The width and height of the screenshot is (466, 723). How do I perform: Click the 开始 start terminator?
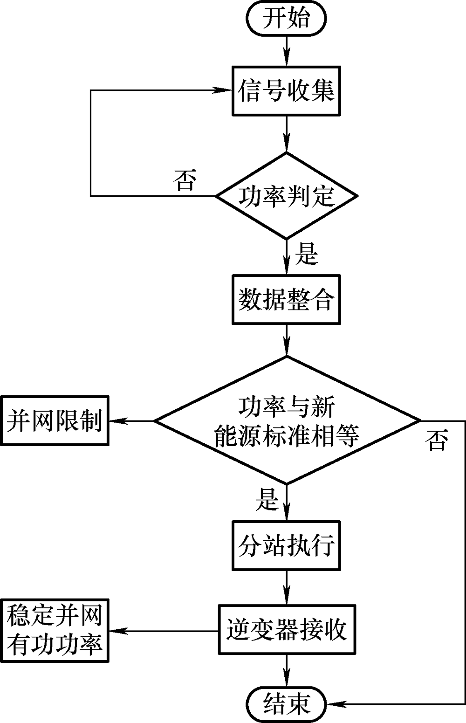286,19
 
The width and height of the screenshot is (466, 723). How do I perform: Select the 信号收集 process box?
286,90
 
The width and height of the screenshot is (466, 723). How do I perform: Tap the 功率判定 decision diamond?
286,196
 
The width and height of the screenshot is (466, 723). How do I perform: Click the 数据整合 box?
286,299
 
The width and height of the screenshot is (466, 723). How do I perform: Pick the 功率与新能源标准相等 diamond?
286,420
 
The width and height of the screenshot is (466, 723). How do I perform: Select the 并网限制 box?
55,420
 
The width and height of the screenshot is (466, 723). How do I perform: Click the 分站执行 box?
286,546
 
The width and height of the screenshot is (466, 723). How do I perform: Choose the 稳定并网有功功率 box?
55,630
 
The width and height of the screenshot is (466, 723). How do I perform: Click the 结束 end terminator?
286,702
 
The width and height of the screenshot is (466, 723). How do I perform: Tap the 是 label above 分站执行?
267,499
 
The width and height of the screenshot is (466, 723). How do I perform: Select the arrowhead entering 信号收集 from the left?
226,90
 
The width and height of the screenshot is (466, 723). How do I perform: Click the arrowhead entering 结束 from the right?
332,702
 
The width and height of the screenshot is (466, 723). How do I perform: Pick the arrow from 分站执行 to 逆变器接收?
286,587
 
